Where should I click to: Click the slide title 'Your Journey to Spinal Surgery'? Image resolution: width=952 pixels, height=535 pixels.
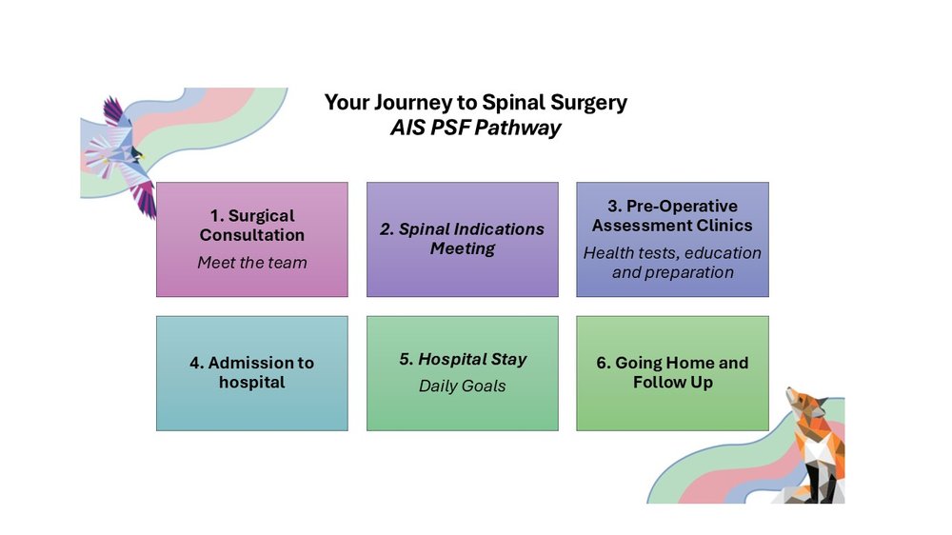(475, 103)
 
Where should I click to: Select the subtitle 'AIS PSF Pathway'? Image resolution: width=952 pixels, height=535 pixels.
(475, 128)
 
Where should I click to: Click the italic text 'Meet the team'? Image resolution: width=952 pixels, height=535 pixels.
(252, 262)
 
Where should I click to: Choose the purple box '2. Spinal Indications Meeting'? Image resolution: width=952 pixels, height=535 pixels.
(462, 239)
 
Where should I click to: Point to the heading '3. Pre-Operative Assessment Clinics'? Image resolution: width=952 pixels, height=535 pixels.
(672, 215)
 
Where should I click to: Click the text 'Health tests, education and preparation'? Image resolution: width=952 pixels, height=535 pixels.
(672, 263)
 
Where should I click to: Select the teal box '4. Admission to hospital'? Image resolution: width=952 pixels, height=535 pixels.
(252, 372)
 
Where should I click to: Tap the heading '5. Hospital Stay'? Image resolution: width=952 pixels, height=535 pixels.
(463, 359)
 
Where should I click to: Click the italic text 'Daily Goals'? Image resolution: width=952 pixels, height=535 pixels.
(463, 386)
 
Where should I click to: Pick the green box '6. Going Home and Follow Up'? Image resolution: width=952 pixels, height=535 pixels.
(672, 372)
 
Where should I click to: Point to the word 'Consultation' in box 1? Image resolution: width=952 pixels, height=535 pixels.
(252, 235)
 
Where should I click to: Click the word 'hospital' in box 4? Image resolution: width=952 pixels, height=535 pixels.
(252, 383)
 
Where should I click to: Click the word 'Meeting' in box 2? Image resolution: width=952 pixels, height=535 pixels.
(462, 249)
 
